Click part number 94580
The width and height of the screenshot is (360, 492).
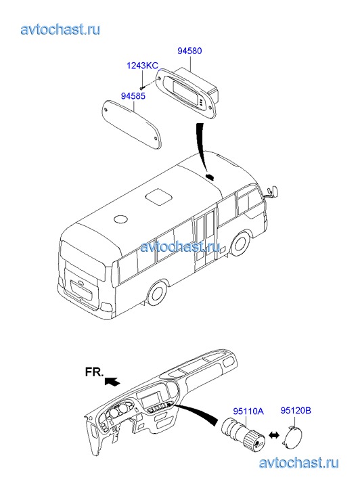tap(189, 51)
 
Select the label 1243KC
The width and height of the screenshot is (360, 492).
tap(142, 66)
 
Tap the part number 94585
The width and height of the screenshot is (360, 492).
tap(133, 95)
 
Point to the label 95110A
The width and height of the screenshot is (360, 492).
tap(248, 411)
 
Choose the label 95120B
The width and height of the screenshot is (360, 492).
tap(296, 410)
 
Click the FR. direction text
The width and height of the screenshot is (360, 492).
tap(94, 372)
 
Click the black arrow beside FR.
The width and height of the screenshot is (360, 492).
tap(112, 382)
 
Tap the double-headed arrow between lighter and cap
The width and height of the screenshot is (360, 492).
tap(274, 436)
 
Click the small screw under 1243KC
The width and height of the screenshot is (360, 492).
tap(142, 87)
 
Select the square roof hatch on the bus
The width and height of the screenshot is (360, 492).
tap(159, 196)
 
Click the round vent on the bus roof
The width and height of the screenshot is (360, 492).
tap(120, 219)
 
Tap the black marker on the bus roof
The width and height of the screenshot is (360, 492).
tap(209, 177)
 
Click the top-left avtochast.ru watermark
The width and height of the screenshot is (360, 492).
tap(61, 29)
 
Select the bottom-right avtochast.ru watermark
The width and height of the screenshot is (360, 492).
tap(298, 463)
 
